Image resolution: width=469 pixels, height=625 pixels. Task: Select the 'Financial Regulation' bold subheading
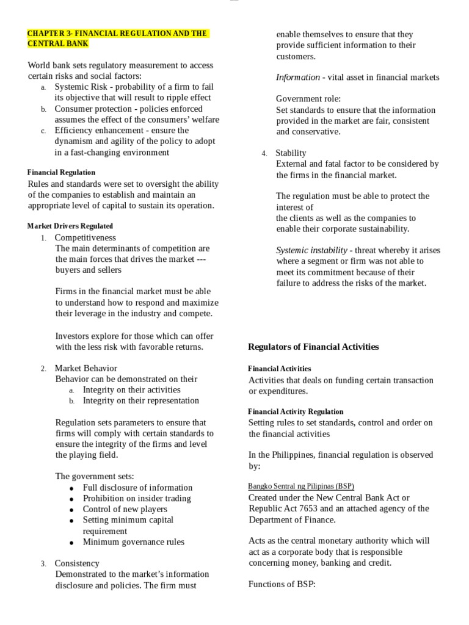(61, 173)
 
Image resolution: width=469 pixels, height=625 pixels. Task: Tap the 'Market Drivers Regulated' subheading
(70, 226)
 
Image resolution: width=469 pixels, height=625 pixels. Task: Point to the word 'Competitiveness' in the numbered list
(85, 237)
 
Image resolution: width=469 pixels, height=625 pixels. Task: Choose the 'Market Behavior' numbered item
(85, 368)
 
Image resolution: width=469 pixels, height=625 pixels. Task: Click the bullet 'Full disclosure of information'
(137, 488)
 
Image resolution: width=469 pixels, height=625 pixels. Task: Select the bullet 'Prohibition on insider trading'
(137, 498)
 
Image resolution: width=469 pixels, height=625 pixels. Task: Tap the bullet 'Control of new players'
(125, 509)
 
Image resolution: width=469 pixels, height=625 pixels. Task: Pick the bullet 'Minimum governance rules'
(133, 542)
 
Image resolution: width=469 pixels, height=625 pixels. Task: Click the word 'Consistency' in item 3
(77, 563)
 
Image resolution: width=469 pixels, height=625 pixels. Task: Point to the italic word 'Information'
(297, 78)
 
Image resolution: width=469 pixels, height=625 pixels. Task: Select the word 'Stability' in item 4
(291, 153)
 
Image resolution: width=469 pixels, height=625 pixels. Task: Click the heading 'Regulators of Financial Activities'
(313, 347)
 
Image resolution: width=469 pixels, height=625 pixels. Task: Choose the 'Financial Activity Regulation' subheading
(296, 412)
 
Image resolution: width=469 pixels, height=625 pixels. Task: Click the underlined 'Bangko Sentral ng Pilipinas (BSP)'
(301, 486)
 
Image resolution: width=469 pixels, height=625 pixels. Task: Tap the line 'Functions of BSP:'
(282, 584)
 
